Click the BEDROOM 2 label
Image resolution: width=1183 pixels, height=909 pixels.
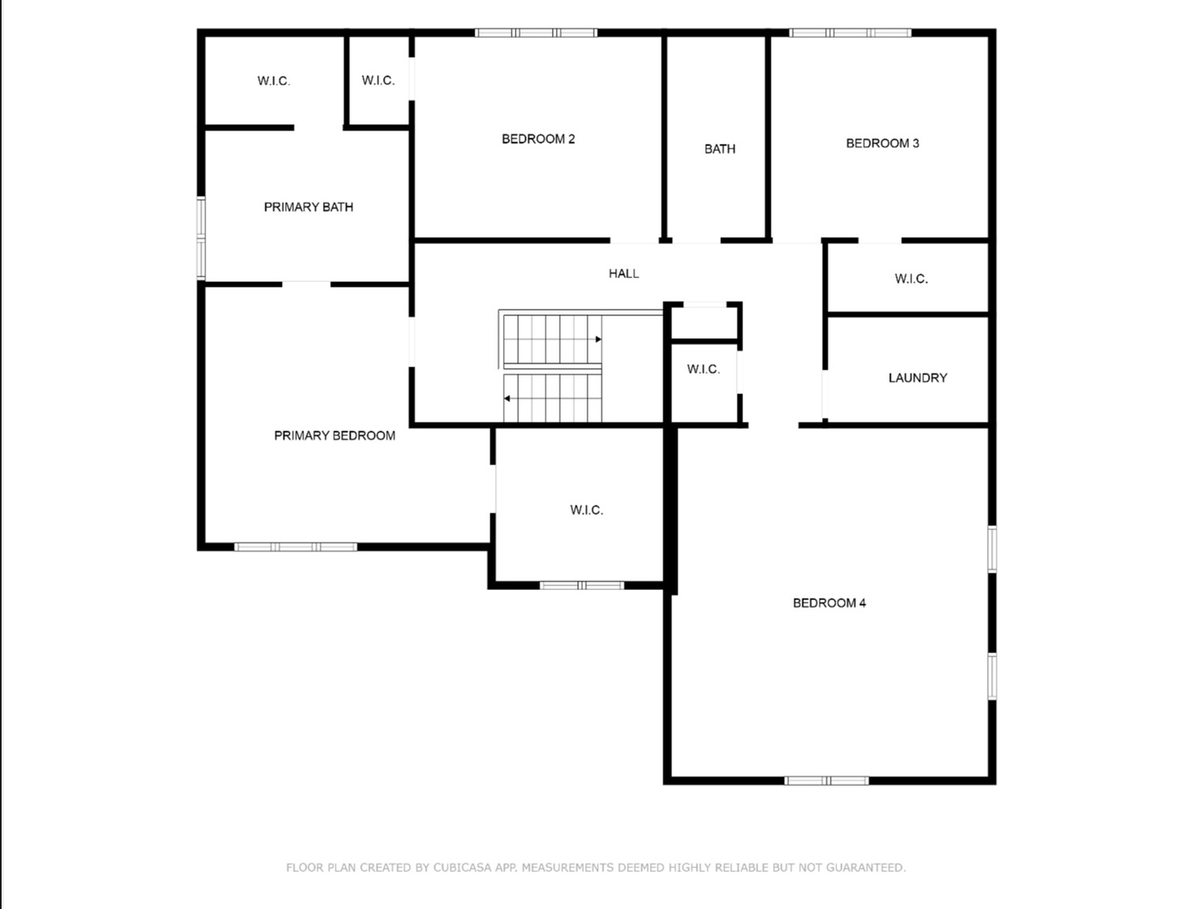(538, 140)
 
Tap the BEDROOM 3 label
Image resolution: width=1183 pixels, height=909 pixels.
(882, 143)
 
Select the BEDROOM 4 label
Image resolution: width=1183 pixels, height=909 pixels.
(829, 603)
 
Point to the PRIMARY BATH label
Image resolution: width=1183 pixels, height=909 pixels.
(308, 207)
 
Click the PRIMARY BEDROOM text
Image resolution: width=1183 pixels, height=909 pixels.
(334, 435)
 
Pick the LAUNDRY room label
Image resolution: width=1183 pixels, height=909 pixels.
(917, 378)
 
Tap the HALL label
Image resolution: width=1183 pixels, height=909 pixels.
(623, 274)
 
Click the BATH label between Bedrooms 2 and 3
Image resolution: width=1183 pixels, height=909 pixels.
(719, 149)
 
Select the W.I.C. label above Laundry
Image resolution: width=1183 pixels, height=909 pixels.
(910, 279)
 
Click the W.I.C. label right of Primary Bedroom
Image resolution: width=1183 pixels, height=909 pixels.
(586, 510)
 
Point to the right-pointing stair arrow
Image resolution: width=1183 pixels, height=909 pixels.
(597, 339)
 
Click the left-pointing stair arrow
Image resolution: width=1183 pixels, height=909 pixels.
(507, 398)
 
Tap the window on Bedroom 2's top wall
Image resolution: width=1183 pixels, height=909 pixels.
(536, 33)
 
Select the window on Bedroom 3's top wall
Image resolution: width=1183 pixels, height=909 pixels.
(850, 33)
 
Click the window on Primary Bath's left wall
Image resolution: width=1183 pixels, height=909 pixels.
(201, 238)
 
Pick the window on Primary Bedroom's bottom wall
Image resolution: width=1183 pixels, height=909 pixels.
(295, 547)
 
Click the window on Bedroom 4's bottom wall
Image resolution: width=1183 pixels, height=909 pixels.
(826, 781)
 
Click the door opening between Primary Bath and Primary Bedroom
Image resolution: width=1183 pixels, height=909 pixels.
(306, 284)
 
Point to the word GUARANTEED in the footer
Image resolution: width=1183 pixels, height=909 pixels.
(866, 868)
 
